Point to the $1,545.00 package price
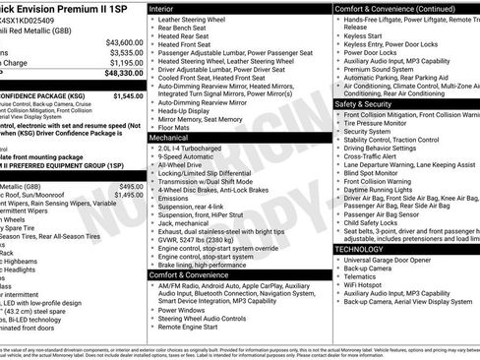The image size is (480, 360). (x=128, y=96)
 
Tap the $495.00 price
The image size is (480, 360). (x=131, y=186)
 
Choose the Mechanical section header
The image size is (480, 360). (x=171, y=139)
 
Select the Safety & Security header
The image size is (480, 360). (x=370, y=102)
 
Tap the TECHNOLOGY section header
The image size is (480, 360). (x=366, y=249)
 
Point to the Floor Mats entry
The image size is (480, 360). (x=176, y=127)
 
